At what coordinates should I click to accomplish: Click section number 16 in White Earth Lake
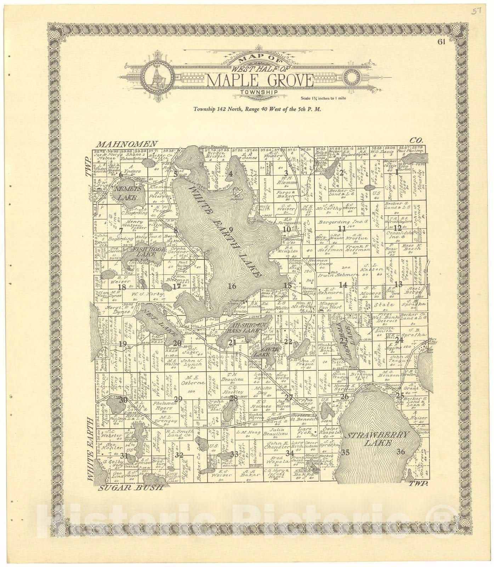coord(232,286)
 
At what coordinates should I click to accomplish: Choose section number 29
coord(178,399)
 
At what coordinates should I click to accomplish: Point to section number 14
coord(342,285)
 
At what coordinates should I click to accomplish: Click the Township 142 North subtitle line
coord(257,110)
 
